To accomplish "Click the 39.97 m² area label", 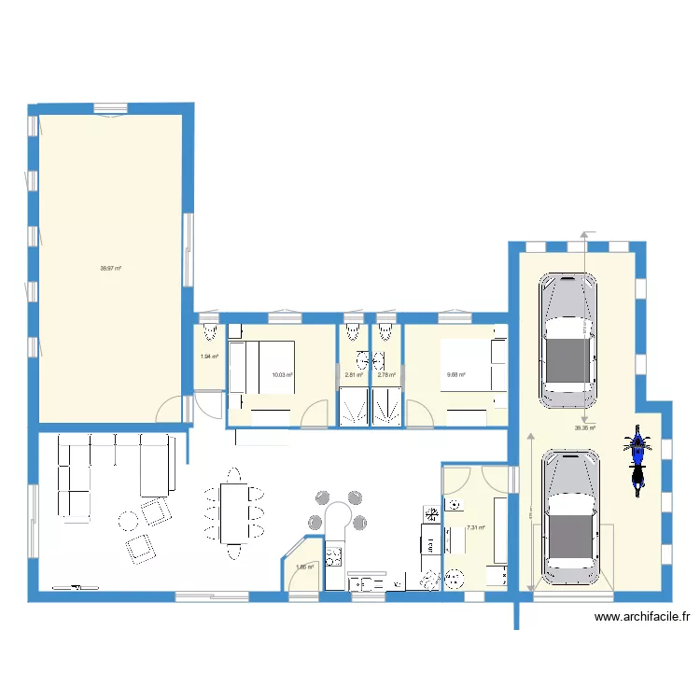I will click(111, 268).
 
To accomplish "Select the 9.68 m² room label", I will click(456, 375).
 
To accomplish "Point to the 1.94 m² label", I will click(208, 356).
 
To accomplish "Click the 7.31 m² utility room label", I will click(475, 527).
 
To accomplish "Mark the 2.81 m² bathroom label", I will click(353, 375).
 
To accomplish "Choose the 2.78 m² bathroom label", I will click(386, 375).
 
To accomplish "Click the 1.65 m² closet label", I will click(304, 566).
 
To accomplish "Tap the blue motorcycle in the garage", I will click(637, 457).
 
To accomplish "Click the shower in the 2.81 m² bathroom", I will click(353, 409).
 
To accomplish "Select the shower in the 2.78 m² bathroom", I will click(386, 409).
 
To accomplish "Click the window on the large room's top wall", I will click(111, 107).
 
